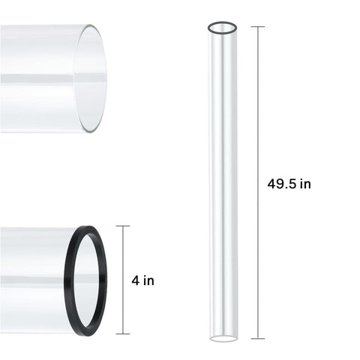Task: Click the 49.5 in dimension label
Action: pos(289,184)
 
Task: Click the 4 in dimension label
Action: pos(142,280)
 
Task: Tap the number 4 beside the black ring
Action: pos(136,280)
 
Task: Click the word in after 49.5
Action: pos(305,184)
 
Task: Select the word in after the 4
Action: pos(149,280)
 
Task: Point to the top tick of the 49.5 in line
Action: pos(258,26)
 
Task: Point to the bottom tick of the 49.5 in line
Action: pos(258,338)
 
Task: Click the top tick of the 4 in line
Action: pos(123,226)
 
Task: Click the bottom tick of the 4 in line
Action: pos(123,334)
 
